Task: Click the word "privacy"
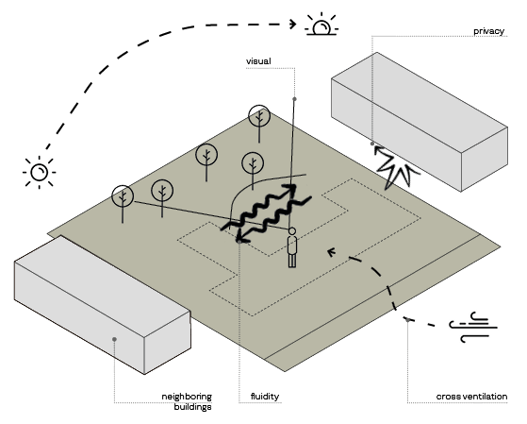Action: click(488, 31)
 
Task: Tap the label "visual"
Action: click(258, 61)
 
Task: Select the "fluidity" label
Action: click(265, 397)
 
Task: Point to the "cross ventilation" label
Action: click(471, 397)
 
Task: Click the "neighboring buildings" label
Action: click(187, 401)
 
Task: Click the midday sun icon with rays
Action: click(40, 172)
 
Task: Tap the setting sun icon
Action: click(321, 25)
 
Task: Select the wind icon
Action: click(473, 327)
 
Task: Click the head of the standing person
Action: click(292, 231)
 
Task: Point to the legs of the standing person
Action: click(292, 261)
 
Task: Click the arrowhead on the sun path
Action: click(293, 24)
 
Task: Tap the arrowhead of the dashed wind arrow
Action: click(332, 251)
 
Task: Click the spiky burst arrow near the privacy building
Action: click(395, 165)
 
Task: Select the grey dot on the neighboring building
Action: click(115, 339)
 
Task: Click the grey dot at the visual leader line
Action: click(294, 98)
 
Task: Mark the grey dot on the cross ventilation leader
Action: click(407, 320)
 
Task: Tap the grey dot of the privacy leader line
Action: click(372, 144)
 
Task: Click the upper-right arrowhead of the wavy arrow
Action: click(291, 188)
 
